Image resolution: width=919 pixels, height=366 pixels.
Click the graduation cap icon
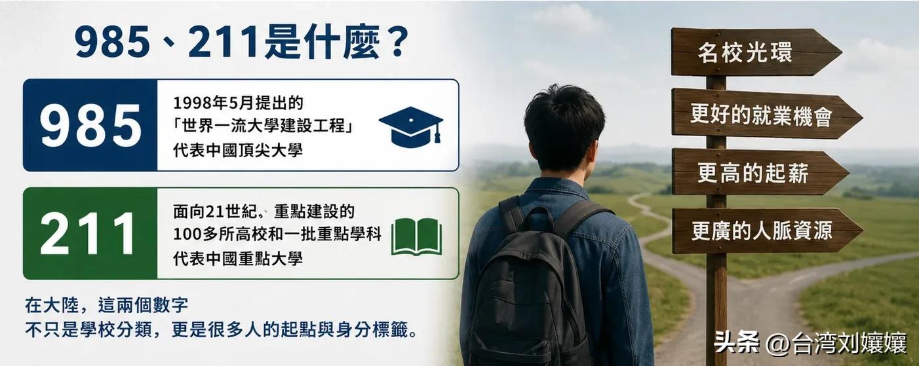pos(411,126)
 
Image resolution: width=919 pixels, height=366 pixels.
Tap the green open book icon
pos(417,236)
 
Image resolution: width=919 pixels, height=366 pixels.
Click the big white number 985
pos(90,125)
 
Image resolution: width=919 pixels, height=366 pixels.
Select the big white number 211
pos(87,233)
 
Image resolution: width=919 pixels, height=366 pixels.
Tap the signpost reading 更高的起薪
pos(760,172)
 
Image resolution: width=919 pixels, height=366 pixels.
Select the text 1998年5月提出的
pos(238,102)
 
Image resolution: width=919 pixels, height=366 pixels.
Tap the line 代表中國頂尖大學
pos(238,150)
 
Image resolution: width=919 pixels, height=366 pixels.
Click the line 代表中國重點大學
pos(238,259)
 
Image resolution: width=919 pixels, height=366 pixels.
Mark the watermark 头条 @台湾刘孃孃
pos(810,342)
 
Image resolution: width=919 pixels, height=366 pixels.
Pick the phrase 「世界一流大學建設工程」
pos(264,126)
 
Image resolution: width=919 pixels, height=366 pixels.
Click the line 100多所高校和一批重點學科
pos(277,234)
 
